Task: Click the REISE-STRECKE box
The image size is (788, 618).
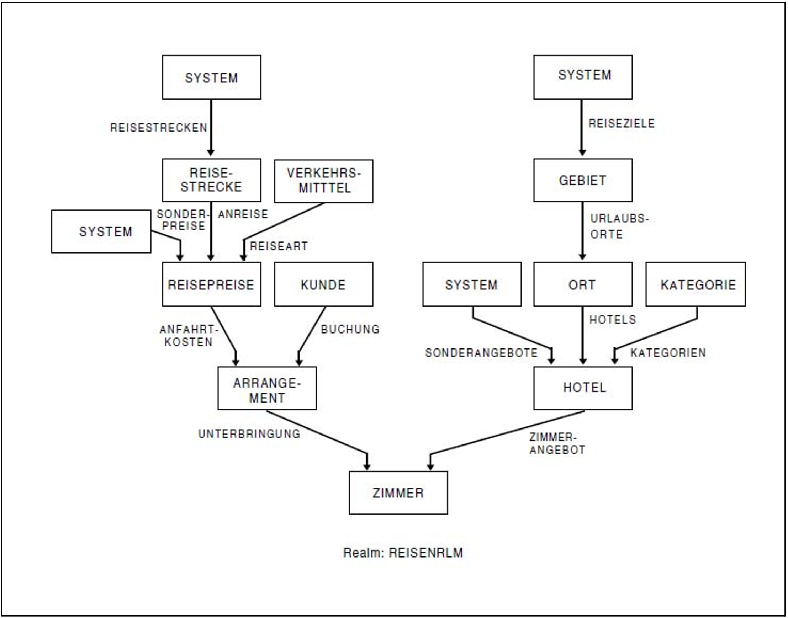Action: coord(211,180)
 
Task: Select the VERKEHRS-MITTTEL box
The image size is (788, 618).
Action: coord(324,181)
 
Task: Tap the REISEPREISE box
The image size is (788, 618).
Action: coord(211,284)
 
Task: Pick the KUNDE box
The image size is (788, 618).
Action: coord(324,284)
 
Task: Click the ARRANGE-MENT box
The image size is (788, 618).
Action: coord(267,388)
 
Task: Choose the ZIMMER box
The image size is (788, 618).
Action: coord(398,493)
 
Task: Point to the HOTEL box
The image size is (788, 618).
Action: coord(583,388)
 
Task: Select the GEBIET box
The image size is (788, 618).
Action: coord(583,180)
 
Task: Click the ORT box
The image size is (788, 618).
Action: coord(583,284)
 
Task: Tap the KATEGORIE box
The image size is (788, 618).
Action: coord(696,284)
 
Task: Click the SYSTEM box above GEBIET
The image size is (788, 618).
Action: coord(583,77)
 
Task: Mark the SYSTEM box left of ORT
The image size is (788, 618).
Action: coord(472,284)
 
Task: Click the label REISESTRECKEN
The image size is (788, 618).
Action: coord(159,128)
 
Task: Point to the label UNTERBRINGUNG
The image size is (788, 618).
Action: coord(249,434)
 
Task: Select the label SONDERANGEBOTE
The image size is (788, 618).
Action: coord(481,353)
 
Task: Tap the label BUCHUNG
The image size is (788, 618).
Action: coord(350,329)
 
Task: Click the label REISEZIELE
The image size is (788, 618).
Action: coord(622,123)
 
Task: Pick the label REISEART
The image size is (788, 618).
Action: coord(279,246)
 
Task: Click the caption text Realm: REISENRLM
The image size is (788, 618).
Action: coord(403,553)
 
